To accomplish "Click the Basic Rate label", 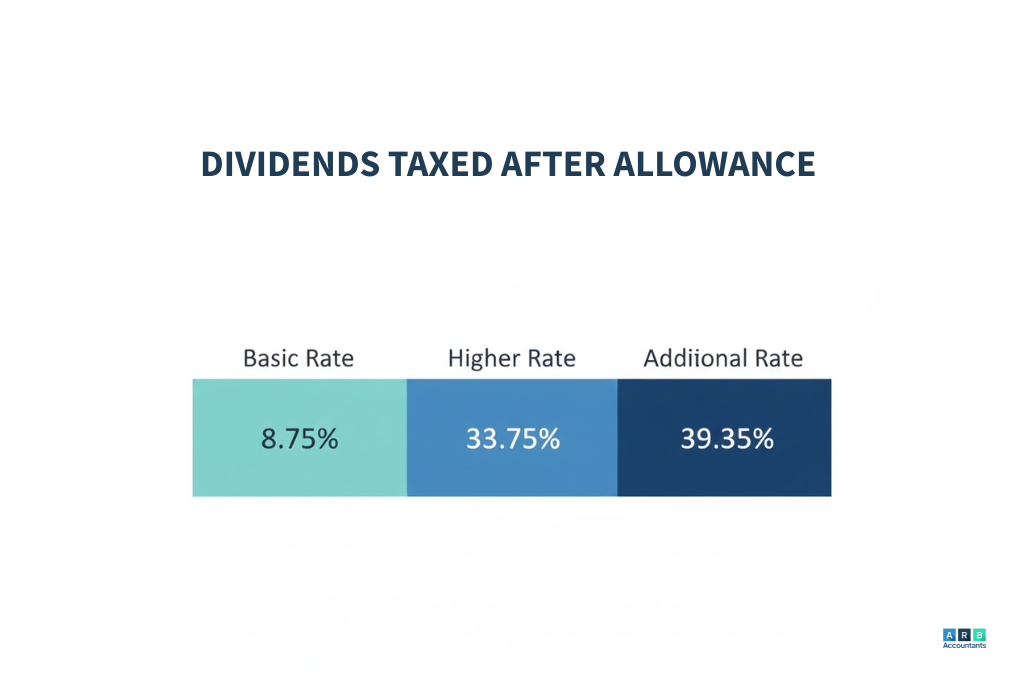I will click(298, 357).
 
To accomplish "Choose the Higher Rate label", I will click(511, 357).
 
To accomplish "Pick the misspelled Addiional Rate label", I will click(723, 357).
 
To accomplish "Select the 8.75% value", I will click(299, 438).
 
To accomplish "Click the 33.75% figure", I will click(512, 438).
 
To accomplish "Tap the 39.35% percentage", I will click(726, 438).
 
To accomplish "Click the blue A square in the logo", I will click(949, 634).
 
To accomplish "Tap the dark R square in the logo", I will click(964, 634).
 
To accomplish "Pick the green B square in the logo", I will click(979, 634).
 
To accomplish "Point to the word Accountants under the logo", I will click(964, 646).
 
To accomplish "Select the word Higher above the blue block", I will click(482, 358).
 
